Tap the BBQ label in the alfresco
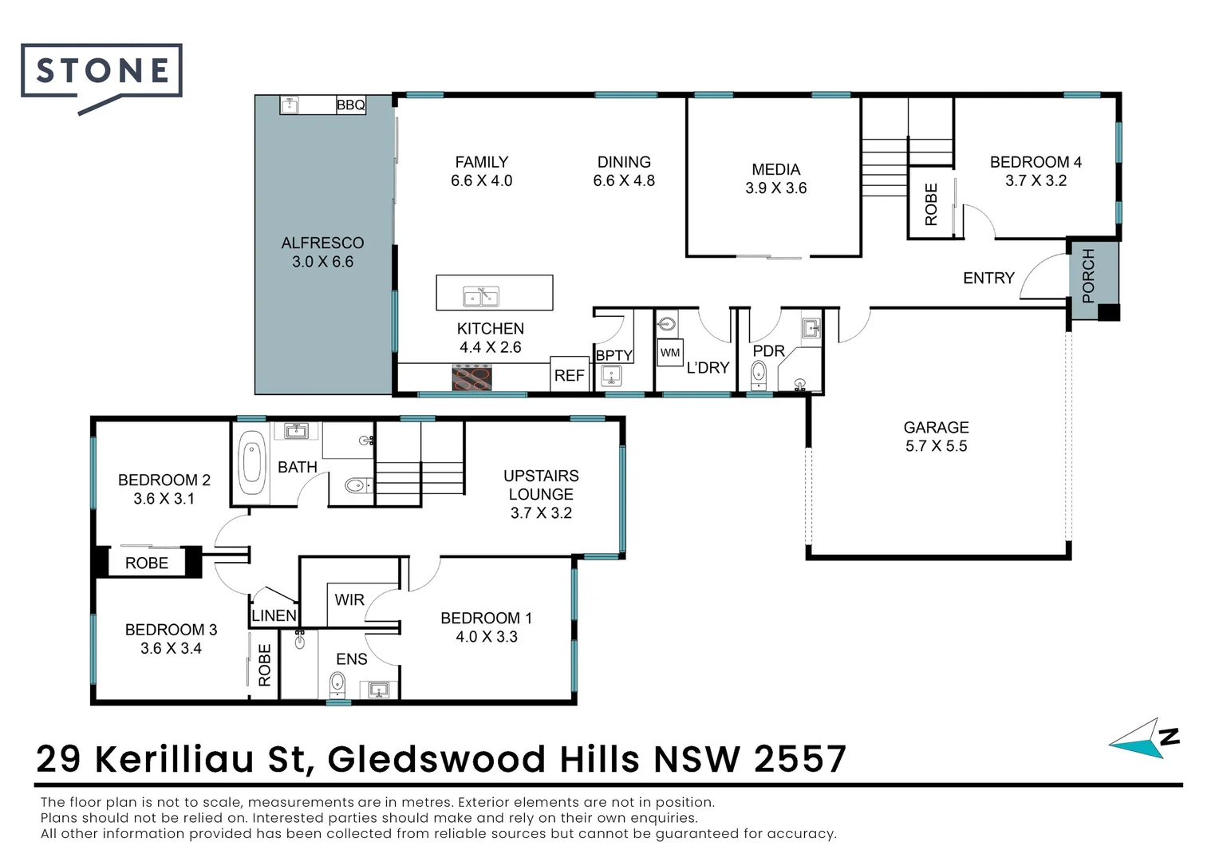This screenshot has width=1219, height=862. coord(350,105)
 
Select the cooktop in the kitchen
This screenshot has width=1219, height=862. coord(471,378)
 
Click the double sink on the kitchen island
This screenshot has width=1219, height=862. coord(480,296)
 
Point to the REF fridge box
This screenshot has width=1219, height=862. coord(570,374)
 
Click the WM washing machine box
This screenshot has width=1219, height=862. coord(670,352)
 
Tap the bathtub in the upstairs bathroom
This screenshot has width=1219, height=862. coord(251,462)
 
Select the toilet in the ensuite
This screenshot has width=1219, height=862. coord(337,683)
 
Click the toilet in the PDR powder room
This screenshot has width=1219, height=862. coord(758,374)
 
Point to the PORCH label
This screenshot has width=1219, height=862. coord(1088,275)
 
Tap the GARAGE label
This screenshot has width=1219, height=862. coord(936,428)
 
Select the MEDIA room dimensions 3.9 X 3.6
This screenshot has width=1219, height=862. coord(776,188)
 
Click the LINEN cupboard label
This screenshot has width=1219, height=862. coord(274,615)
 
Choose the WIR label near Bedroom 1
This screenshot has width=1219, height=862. coord(349,599)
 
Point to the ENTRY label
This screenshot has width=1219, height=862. coord(988,279)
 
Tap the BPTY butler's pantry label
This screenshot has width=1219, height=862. coord(614,355)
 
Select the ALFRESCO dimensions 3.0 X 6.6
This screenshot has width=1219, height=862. coord(323,262)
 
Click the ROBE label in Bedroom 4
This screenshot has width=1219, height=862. coord(931,205)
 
